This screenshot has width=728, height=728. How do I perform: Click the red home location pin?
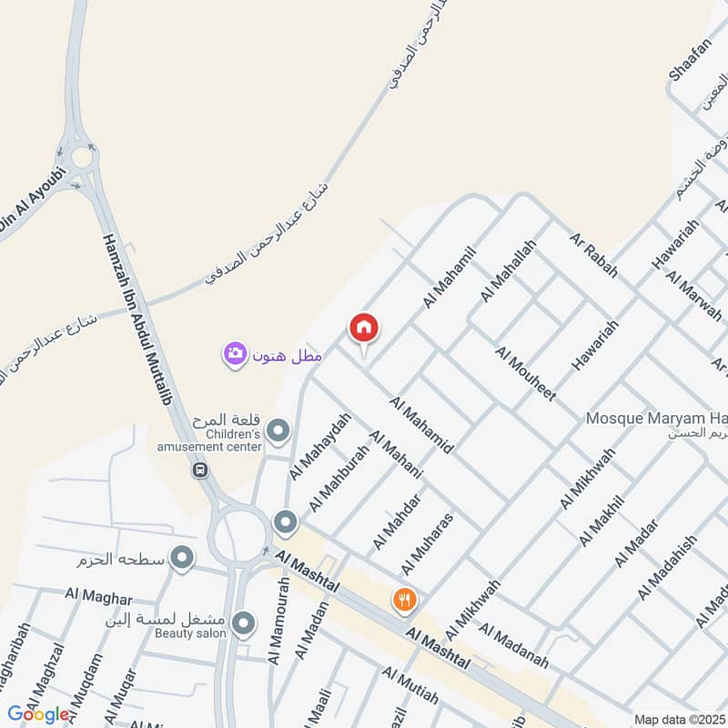tap(364, 329)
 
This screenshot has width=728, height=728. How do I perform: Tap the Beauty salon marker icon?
tap(243, 624)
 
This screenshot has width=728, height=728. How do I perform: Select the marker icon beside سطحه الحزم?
tap(183, 558)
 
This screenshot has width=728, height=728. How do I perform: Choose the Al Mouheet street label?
tap(525, 374)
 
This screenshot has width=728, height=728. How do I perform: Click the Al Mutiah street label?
tap(410, 687)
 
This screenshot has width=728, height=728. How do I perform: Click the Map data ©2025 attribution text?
tap(677, 719)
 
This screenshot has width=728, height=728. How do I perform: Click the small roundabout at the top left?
tap(82, 157)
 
